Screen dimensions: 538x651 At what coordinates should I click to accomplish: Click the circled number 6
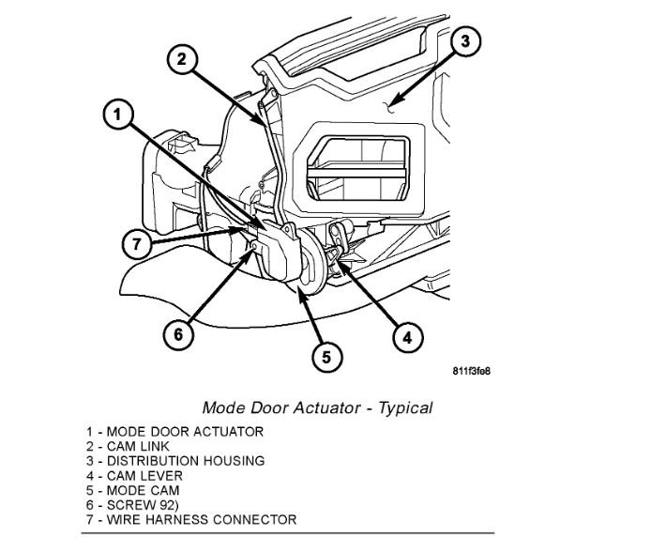tap(180, 333)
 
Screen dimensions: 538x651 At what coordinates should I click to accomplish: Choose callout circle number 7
tap(137, 243)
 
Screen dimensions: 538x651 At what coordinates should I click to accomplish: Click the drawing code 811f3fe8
tap(470, 369)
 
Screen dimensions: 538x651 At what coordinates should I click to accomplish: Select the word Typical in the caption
tap(405, 407)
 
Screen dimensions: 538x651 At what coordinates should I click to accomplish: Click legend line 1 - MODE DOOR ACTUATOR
tap(174, 432)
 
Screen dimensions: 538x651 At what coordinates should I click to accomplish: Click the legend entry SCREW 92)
tap(129, 505)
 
